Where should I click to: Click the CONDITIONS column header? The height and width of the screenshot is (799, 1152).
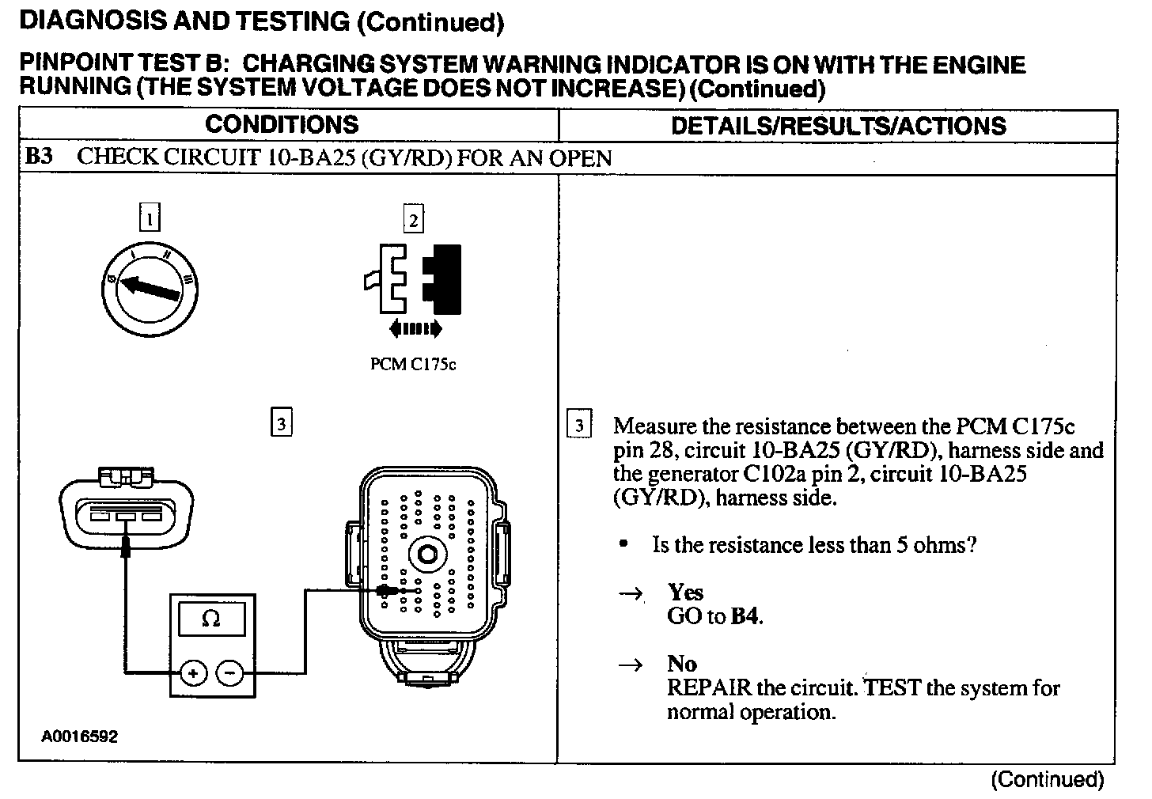tap(281, 125)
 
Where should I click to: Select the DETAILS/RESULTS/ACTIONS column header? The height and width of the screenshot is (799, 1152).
tap(838, 126)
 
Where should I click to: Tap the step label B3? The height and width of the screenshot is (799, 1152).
tap(39, 157)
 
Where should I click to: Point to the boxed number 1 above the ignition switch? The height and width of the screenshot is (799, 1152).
tap(149, 218)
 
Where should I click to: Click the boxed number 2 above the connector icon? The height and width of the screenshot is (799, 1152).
tap(413, 219)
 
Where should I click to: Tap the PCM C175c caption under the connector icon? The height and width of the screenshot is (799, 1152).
tap(413, 365)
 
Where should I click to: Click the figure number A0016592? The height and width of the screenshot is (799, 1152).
tap(80, 737)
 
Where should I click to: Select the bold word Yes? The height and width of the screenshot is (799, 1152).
tap(685, 592)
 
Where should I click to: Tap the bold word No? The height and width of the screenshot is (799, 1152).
tap(682, 663)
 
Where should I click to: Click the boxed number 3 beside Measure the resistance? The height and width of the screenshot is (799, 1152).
tap(579, 426)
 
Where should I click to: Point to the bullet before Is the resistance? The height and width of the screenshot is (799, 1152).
tap(625, 544)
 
